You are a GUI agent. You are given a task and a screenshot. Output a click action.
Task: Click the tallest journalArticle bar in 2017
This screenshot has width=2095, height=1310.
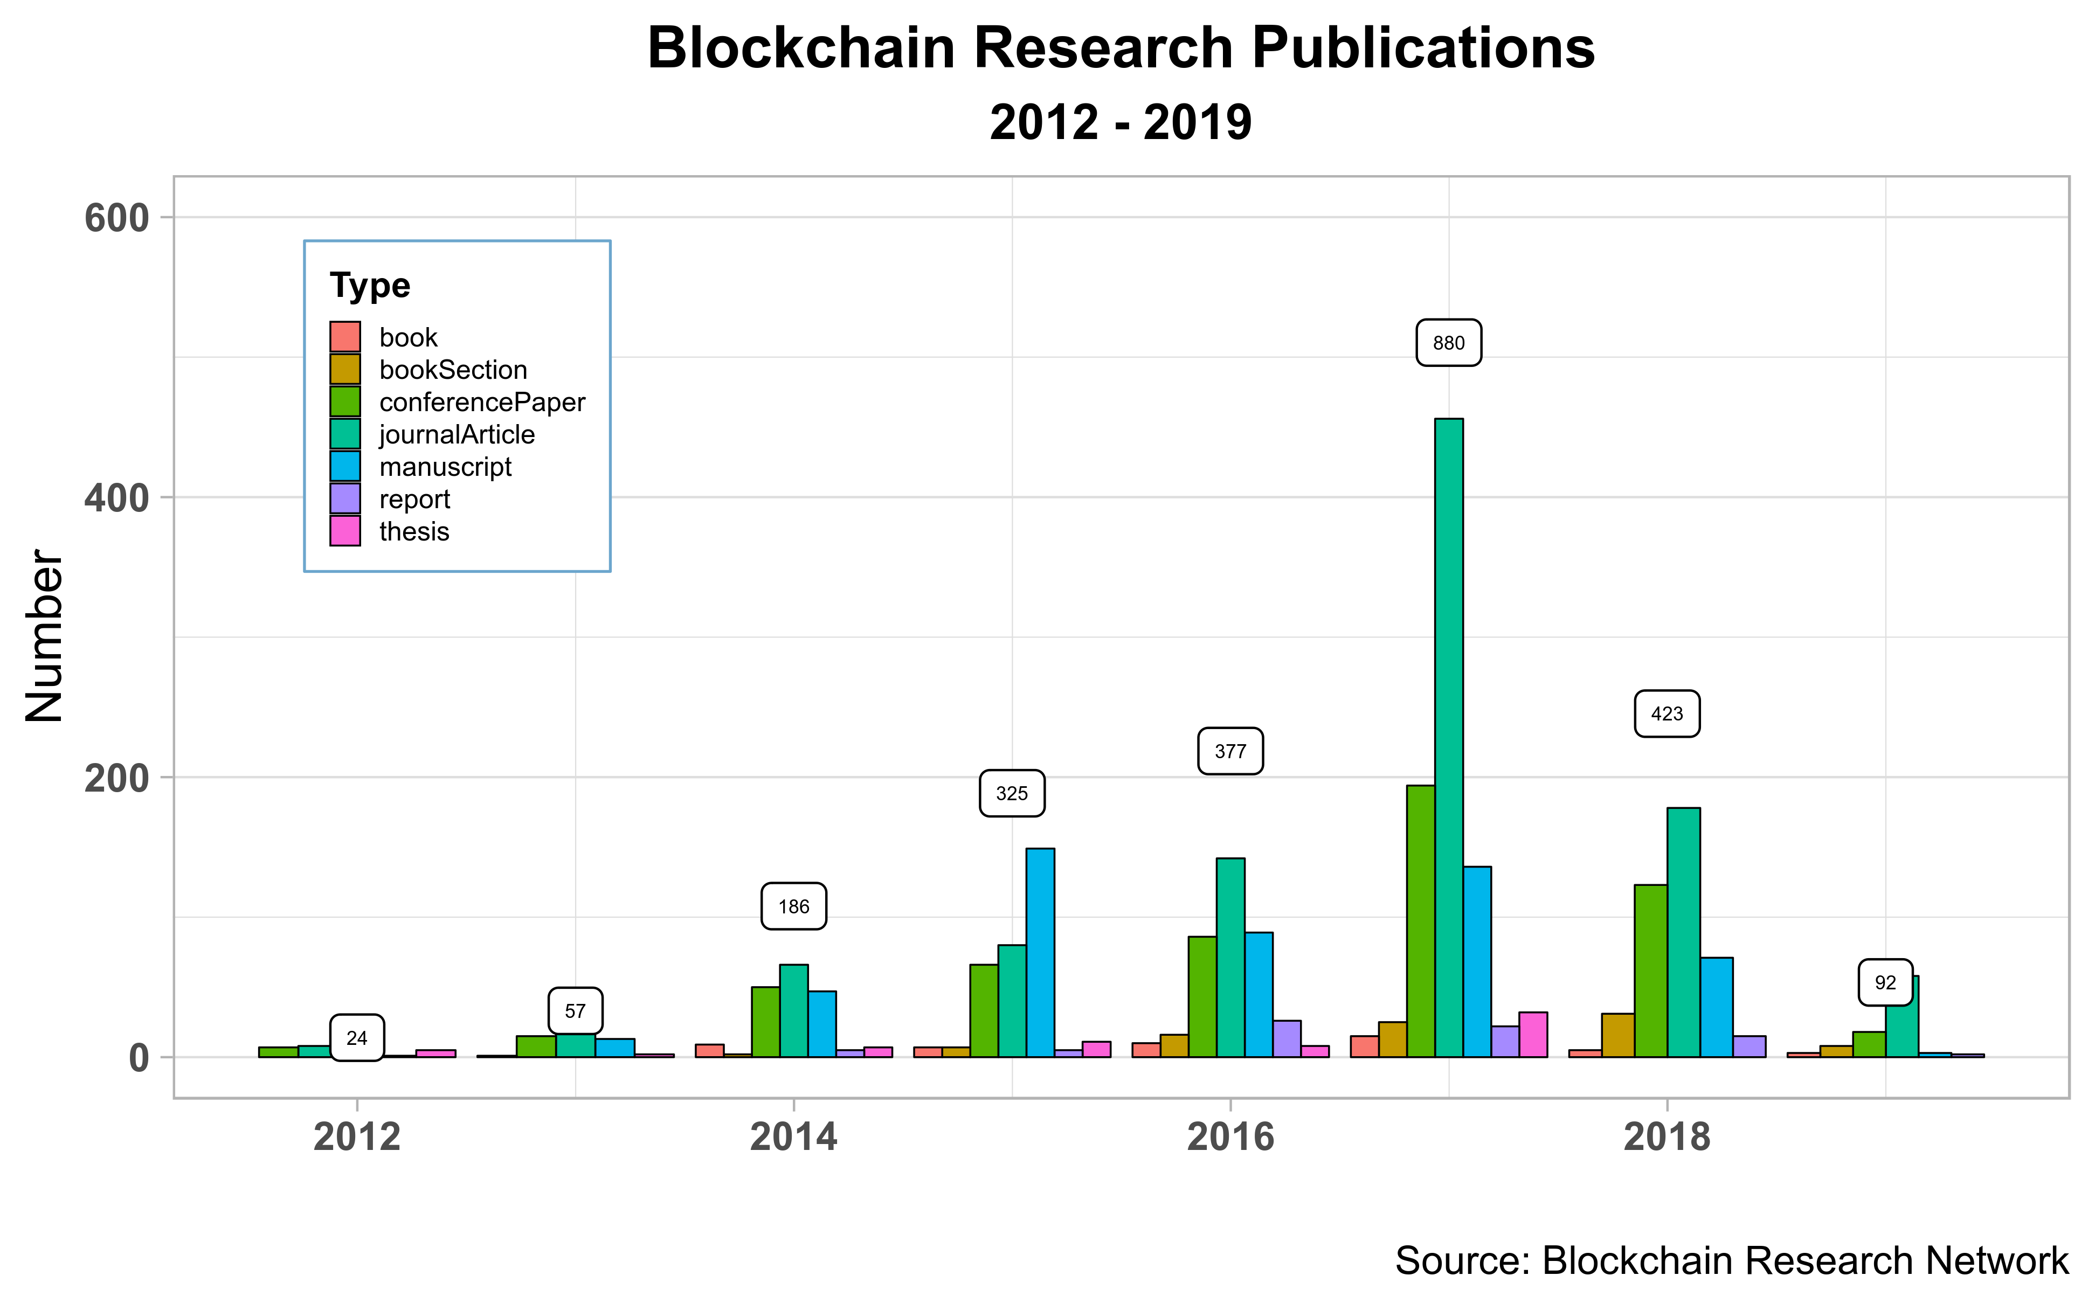(1449, 737)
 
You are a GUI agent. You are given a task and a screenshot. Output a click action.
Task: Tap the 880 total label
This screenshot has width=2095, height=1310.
(1449, 343)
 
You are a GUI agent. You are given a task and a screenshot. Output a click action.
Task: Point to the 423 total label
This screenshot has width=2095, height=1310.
(1667, 714)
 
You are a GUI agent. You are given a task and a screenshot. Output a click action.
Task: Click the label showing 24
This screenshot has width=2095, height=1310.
(357, 1038)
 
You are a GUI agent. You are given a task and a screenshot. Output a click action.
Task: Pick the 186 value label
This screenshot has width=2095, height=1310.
(793, 906)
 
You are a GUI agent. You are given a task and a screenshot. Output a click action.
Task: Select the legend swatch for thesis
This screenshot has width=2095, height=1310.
(345, 531)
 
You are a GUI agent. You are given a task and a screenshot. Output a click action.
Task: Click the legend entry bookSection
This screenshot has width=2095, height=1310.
(453, 370)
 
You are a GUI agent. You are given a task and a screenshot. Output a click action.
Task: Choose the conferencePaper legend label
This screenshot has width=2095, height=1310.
(482, 402)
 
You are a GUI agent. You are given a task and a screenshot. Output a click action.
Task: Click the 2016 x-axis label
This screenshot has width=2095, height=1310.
(1230, 1136)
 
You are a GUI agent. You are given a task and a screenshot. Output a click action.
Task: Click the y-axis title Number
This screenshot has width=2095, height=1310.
(44, 636)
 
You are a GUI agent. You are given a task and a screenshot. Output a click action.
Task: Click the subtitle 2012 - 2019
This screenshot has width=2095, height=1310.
(1121, 122)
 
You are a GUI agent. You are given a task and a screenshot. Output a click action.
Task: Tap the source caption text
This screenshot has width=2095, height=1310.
(1732, 1260)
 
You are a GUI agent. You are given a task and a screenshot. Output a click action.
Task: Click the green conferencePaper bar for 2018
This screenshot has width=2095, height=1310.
(1650, 971)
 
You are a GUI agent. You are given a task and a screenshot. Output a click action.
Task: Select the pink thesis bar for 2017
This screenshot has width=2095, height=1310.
(1533, 1035)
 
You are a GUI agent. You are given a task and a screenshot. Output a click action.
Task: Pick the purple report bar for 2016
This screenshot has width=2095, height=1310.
(1287, 1039)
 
